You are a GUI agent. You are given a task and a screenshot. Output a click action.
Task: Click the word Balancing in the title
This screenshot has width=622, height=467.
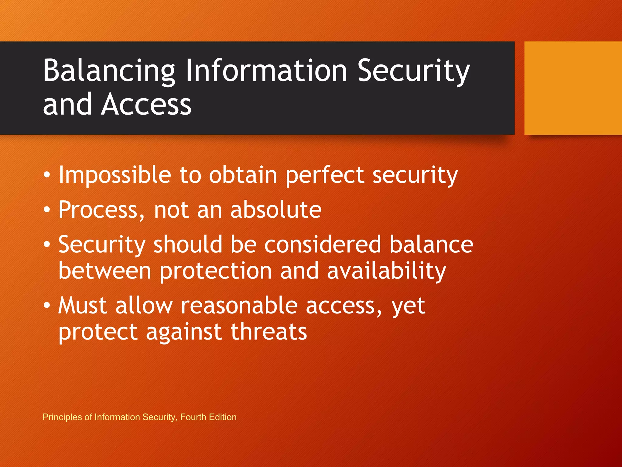point(109,71)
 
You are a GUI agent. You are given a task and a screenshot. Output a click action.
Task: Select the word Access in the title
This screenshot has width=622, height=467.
point(146,104)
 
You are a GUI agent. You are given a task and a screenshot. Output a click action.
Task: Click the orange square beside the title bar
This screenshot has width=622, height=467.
point(573,88)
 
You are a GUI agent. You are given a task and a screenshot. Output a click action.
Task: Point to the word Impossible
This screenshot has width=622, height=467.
point(115,175)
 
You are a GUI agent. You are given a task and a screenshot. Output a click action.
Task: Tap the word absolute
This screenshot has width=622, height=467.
point(276,210)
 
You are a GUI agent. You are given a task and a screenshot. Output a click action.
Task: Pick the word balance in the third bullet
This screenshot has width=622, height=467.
point(431,244)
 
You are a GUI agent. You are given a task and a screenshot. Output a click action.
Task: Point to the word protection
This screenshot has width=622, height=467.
point(216,271)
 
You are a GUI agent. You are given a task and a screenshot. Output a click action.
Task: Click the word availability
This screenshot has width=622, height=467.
point(386,271)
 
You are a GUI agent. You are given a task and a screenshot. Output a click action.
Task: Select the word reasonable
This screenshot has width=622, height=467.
point(239,306)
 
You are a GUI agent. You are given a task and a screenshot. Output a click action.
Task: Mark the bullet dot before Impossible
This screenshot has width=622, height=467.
point(46,175)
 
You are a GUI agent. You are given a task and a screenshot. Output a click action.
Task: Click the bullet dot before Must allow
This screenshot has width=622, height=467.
point(46,306)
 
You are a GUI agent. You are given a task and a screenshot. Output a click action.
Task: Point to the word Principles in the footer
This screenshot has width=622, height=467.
point(62,417)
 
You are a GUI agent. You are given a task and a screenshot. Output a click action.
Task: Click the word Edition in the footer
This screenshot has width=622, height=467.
point(223,417)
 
